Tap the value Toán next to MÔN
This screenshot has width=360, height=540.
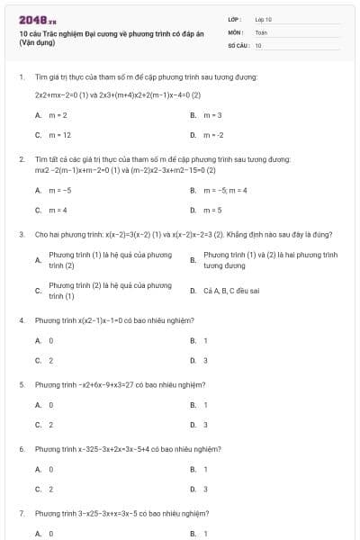(262, 31)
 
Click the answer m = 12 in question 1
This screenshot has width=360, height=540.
(60, 135)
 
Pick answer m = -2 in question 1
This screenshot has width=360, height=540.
(213, 135)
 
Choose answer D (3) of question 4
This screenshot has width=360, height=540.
(205, 361)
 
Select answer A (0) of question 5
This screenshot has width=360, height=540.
(50, 405)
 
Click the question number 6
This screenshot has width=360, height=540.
(21, 448)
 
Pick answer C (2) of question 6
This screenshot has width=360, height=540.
(50, 489)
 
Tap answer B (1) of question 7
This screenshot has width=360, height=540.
(205, 533)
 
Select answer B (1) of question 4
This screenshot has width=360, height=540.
(205, 341)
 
